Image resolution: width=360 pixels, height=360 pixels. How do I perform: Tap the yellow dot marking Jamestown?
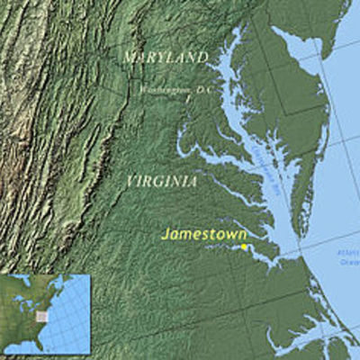click(243, 246)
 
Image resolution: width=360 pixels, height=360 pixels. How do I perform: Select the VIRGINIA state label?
click(161, 181)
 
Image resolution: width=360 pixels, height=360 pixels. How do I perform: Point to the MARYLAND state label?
click(165, 57)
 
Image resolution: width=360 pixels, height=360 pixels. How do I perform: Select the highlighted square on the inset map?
click(41, 316)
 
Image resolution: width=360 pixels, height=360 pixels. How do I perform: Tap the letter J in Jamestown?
click(166, 234)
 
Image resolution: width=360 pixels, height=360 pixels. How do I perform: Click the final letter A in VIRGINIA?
click(193, 181)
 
